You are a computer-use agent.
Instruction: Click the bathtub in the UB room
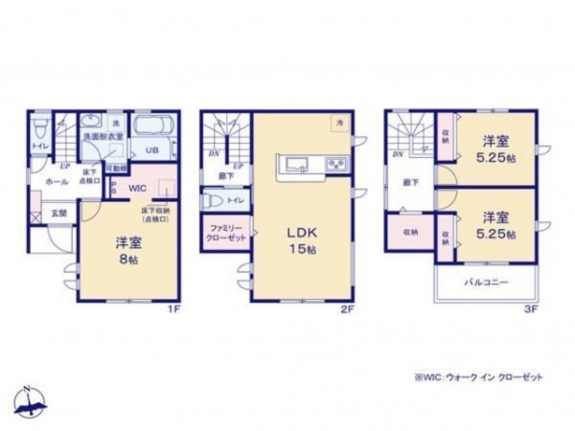(151, 128)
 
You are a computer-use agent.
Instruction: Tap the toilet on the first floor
(39, 128)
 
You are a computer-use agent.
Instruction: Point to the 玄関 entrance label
(57, 214)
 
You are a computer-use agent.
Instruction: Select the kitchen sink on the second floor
(295, 163)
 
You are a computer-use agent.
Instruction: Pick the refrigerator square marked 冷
(338, 122)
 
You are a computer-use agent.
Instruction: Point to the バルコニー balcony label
(487, 283)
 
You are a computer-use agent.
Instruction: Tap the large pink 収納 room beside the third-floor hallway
(410, 231)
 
